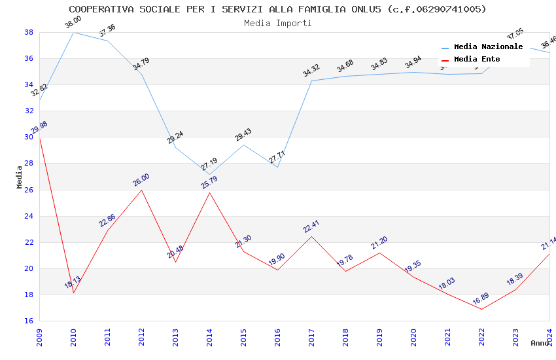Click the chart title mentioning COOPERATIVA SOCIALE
click(277, 9)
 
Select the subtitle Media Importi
click(277, 23)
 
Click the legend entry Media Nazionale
click(488, 47)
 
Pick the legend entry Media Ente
click(477, 60)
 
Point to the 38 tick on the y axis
click(29, 32)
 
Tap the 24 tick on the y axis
click(29, 216)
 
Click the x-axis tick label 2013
click(175, 334)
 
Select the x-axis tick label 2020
click(413, 334)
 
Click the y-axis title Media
click(20, 177)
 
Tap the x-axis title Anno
click(540, 343)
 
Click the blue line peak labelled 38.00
click(73, 32)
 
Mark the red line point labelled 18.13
click(73, 293)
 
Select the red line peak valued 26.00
click(141, 190)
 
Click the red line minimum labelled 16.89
click(481, 309)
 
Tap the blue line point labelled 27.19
click(209, 175)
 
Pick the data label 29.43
click(243, 135)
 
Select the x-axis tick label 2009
click(39, 334)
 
